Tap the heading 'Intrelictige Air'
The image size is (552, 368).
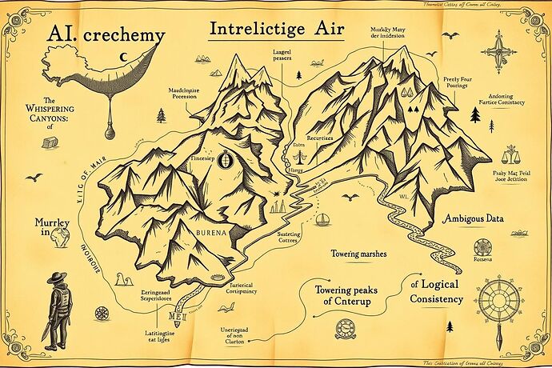pos(276,30)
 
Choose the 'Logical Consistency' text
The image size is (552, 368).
pos(437,291)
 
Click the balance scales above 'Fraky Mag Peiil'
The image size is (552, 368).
pos(509,154)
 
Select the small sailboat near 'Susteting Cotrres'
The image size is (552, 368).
pos(322,218)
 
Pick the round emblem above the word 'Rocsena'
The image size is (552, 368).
pos(482,246)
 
